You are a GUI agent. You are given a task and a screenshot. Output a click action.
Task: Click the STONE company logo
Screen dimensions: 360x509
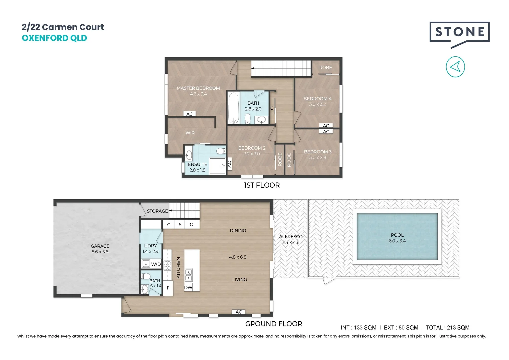pyautogui.click(x=459, y=33)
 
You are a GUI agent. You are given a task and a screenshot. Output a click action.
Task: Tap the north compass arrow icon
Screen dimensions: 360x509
pyautogui.click(x=455, y=67)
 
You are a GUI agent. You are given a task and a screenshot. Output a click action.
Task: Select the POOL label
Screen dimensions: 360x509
pyautogui.click(x=397, y=235)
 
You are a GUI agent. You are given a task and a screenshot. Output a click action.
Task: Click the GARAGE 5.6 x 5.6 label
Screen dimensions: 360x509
pyautogui.click(x=100, y=249)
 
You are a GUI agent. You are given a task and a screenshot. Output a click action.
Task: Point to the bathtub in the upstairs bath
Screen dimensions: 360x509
pyautogui.click(x=233, y=107)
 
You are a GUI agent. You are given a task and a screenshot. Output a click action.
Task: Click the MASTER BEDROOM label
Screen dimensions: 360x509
pyautogui.click(x=198, y=88)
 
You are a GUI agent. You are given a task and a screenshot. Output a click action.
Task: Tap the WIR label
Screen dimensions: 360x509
pyautogui.click(x=190, y=133)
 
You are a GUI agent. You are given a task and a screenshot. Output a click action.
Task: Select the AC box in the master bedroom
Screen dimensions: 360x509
pyautogui.click(x=189, y=114)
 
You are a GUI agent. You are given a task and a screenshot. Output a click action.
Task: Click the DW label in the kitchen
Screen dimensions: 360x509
pyautogui.click(x=188, y=287)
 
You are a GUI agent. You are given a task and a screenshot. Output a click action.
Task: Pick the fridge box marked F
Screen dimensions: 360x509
pyautogui.click(x=168, y=288)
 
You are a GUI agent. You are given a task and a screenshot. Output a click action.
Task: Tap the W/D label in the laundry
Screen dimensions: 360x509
pyautogui.click(x=156, y=264)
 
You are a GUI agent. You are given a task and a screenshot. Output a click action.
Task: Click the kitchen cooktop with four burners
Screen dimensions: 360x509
pyautogui.click(x=167, y=265)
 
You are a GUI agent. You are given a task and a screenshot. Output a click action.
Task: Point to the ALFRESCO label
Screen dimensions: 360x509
pyautogui.click(x=291, y=237)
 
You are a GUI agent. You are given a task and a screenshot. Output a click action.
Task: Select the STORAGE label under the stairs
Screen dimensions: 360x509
pyautogui.click(x=157, y=211)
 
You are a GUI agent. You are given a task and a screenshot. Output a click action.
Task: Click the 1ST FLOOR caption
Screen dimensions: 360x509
pyautogui.click(x=262, y=185)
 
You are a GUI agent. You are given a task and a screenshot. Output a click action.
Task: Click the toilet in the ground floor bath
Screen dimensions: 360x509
pyautogui.click(x=145, y=276)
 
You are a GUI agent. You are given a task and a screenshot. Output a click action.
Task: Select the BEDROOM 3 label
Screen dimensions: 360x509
pyautogui.click(x=318, y=152)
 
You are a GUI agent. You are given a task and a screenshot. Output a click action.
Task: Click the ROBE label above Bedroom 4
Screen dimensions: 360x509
pyautogui.click(x=325, y=68)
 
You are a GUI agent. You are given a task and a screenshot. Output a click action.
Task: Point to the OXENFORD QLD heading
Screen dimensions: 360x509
pyautogui.click(x=54, y=38)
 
